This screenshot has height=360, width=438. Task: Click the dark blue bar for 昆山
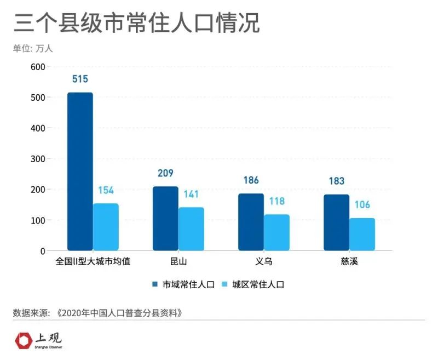(165, 219)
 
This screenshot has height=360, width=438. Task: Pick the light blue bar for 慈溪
(362, 234)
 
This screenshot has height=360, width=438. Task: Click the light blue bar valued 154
(106, 227)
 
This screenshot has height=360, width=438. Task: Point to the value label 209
(165, 174)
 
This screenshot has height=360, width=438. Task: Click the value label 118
(276, 201)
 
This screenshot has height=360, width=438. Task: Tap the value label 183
(336, 181)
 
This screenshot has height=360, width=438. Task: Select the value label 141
(191, 195)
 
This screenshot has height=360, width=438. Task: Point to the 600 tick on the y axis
(38, 67)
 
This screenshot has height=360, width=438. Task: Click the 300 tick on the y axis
(38, 159)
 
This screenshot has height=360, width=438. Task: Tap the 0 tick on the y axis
(42, 251)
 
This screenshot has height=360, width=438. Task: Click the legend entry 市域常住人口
(183, 284)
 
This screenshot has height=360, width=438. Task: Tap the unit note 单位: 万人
(33, 48)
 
